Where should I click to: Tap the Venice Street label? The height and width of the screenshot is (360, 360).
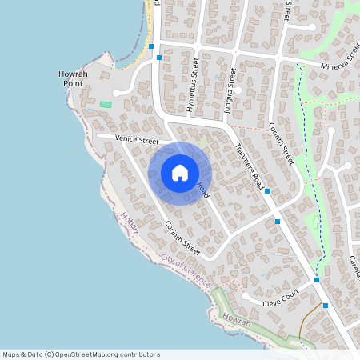137,139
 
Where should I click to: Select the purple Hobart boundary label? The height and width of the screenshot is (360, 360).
130,222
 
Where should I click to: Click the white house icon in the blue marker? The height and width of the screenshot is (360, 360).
180,172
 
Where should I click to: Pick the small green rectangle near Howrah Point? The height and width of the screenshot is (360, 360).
106,105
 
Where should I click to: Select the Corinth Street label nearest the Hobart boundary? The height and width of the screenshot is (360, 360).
182,236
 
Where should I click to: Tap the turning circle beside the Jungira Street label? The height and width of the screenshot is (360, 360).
238,91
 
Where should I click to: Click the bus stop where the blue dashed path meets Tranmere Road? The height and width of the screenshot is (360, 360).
317,280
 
